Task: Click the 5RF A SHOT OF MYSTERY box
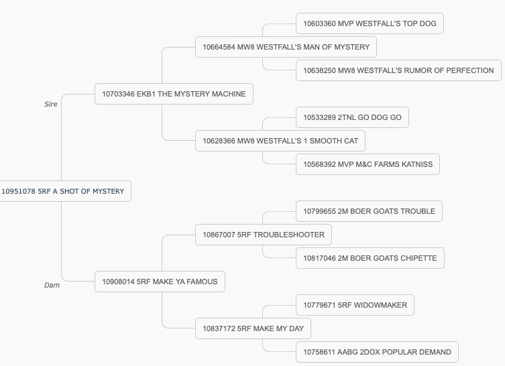65,191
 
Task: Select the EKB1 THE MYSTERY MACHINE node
174,94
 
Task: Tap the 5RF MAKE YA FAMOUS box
160,282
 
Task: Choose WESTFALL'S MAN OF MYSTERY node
286,47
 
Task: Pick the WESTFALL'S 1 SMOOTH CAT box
280,141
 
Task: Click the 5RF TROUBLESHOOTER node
264,235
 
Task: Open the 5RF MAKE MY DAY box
253,328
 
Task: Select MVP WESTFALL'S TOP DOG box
370,23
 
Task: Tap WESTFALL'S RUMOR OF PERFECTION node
399,70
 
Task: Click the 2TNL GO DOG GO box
352,117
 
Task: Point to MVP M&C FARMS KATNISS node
368,164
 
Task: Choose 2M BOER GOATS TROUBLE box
369,211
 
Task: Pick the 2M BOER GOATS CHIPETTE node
370,258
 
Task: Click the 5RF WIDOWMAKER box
355,305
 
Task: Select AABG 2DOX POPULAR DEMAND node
377,352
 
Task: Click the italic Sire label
51,104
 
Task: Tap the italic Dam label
52,285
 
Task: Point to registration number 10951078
18,191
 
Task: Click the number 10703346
118,94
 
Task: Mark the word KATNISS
417,164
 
